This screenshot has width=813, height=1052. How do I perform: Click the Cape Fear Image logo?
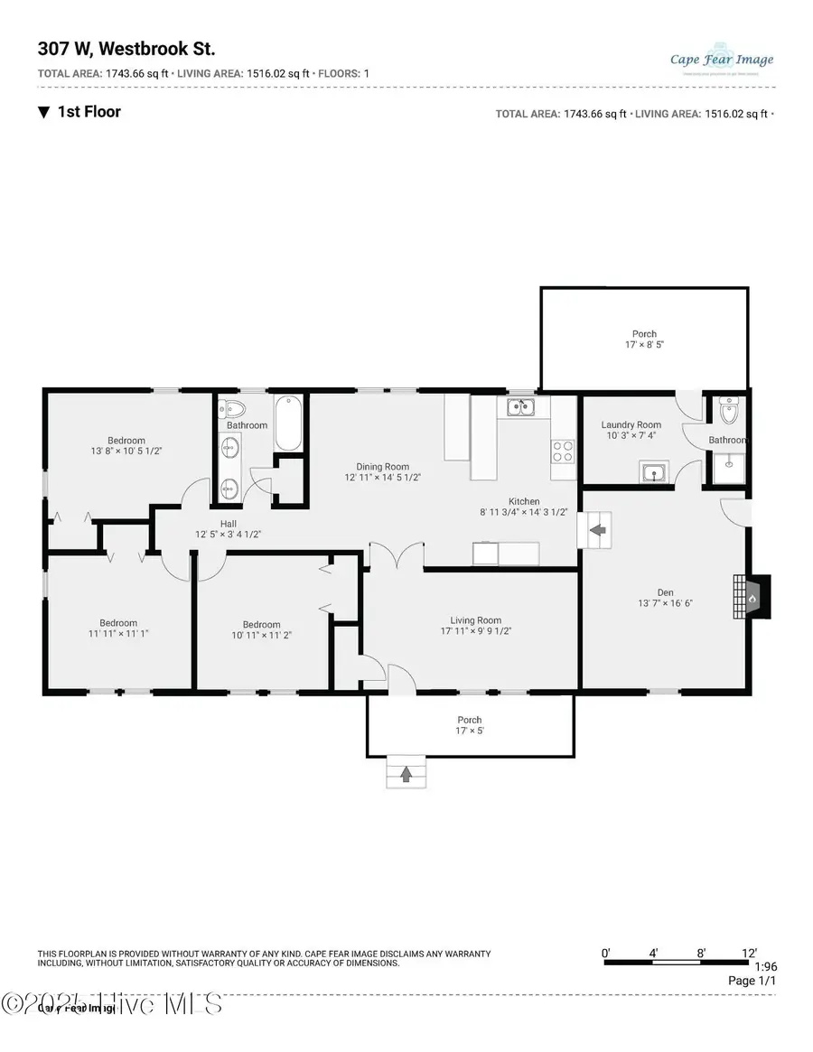click(722, 60)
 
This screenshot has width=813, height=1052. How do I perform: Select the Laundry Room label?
click(631, 424)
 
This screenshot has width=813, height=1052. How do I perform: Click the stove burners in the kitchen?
click(562, 450)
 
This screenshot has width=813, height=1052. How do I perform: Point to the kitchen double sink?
click(520, 408)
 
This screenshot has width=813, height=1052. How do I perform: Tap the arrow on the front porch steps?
click(406, 774)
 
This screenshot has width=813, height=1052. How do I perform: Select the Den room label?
click(666, 591)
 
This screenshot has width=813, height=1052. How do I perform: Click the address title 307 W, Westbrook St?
click(126, 49)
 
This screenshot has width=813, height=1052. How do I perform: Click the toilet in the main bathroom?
click(231, 406)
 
